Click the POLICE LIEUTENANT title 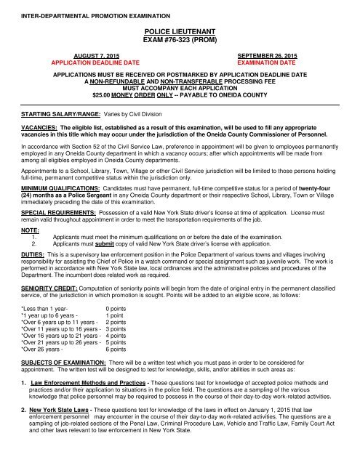click(x=180, y=34)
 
